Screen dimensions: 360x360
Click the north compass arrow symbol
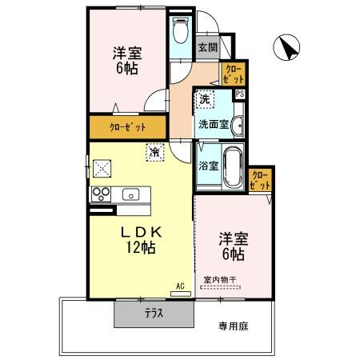pyautogui.click(x=286, y=48)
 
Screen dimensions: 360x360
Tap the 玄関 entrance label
pyautogui.click(x=207, y=46)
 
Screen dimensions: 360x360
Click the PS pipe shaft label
pyautogui.click(x=240, y=94)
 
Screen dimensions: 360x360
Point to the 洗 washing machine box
pyautogui.click(x=205, y=99)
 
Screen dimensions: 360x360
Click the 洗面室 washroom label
pyautogui.click(x=214, y=124)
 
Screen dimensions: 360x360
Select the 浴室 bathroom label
pyautogui.click(x=206, y=168)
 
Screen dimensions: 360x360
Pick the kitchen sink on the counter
pyautogui.click(x=130, y=194)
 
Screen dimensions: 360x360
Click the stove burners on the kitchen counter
pyautogui.click(x=102, y=194)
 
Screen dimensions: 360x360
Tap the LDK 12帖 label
pyautogui.click(x=142, y=239)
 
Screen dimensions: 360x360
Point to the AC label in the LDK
pyautogui.click(x=181, y=286)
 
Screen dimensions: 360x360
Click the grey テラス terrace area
pyautogui.click(x=154, y=313)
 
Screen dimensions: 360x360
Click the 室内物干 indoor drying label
pyautogui.click(x=224, y=279)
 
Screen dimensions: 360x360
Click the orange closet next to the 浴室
pyautogui.click(x=261, y=180)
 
